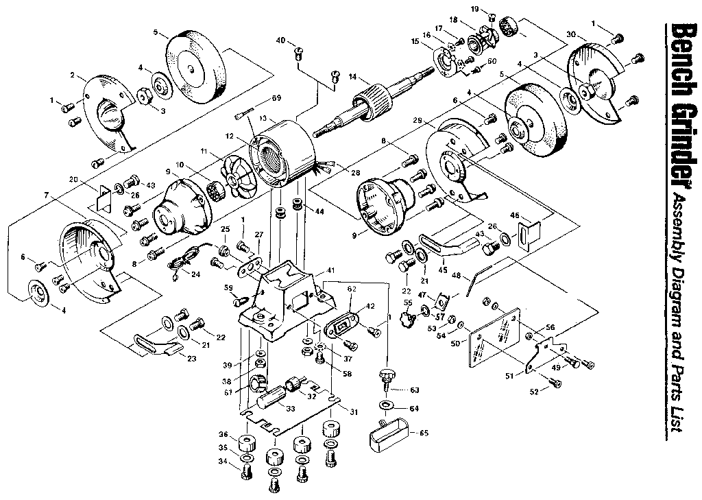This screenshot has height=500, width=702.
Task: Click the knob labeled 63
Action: [387, 375]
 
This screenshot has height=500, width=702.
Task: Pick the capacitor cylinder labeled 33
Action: [271, 396]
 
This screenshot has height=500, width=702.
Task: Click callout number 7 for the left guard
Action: [46, 195]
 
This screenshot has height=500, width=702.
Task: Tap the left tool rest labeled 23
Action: [154, 344]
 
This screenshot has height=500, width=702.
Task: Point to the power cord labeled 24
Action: [182, 259]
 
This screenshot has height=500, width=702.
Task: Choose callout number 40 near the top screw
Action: [280, 40]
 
